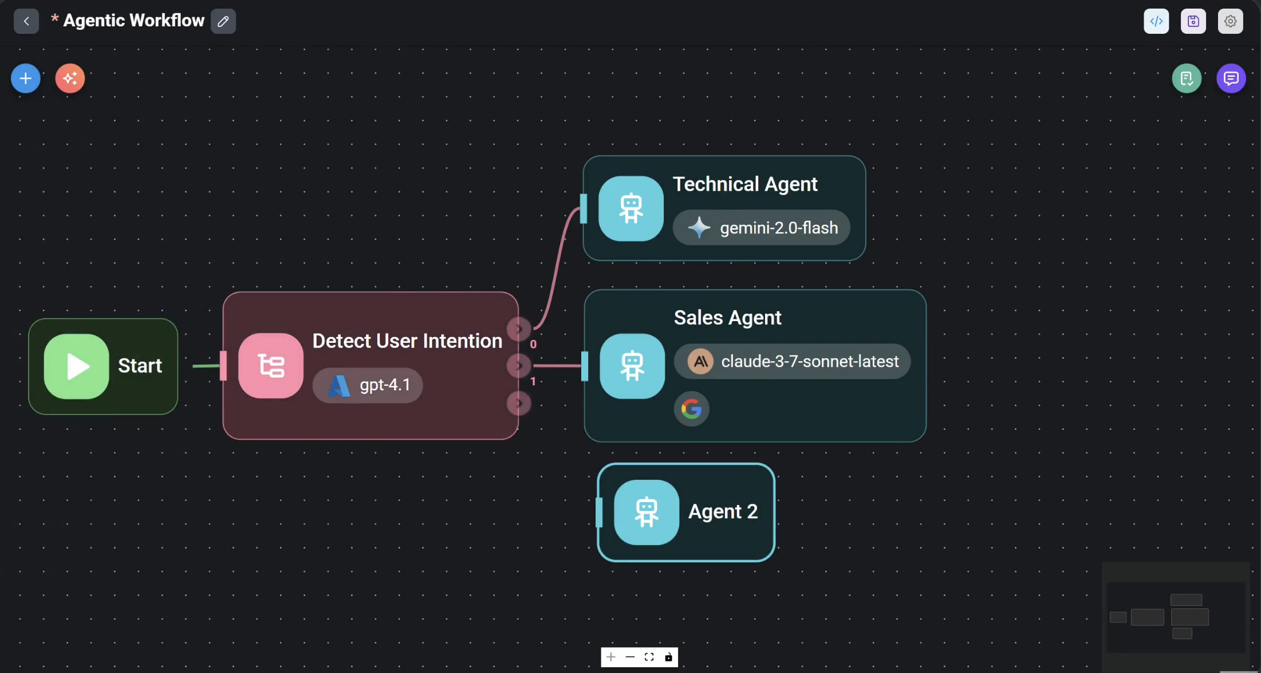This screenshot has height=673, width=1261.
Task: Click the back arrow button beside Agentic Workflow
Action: pos(26,21)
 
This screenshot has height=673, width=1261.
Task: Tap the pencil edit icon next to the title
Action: pos(223,21)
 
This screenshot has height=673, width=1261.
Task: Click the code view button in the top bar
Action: pos(1156,21)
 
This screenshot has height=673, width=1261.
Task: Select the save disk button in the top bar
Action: pos(1193,21)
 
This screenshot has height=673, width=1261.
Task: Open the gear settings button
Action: pos(1230,21)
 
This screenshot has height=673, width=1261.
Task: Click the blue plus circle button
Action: pos(26,79)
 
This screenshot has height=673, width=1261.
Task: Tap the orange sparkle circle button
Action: pos(70,79)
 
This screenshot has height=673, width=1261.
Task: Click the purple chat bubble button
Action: pos(1231,79)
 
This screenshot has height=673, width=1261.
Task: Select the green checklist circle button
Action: pos(1187,79)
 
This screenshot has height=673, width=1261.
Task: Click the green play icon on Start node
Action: pos(77,366)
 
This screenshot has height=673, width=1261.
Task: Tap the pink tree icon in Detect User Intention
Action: pos(271,366)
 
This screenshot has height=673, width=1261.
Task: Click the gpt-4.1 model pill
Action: pos(368,385)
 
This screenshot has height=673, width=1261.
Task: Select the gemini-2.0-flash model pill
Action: pos(761,228)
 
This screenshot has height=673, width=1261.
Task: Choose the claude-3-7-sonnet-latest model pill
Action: pos(792,361)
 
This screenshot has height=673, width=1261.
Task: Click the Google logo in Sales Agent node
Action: pos(692,409)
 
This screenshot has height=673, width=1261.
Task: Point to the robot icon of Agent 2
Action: pos(647,512)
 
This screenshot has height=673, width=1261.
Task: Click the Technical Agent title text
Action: pos(745,184)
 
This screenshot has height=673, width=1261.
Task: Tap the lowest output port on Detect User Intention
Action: pos(519,404)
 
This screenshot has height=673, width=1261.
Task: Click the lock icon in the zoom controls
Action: pos(668,657)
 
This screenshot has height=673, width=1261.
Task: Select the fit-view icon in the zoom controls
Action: pos(649,657)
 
